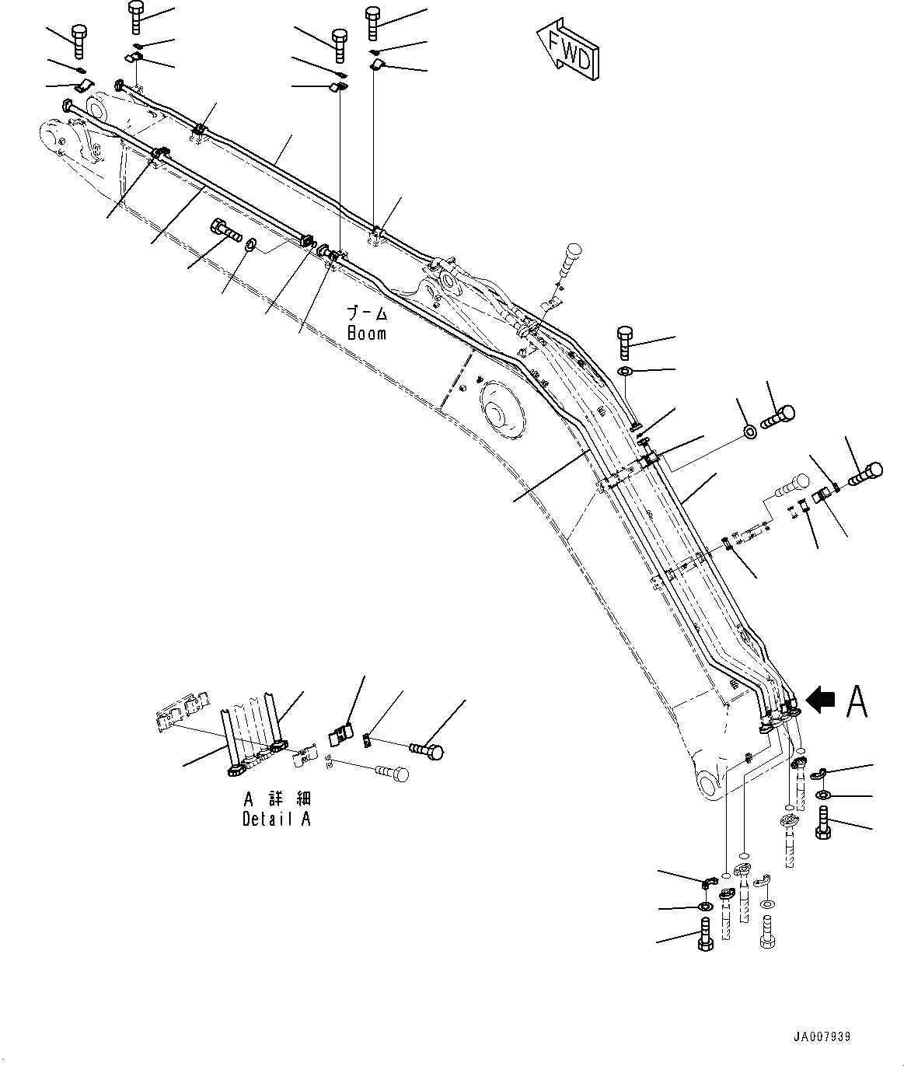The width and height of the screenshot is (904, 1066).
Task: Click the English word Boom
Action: pos(366,334)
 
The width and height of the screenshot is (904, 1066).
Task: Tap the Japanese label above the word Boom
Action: pos(366,315)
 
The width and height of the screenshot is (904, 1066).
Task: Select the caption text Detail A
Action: pos(276,819)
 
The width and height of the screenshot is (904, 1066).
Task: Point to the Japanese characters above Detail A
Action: pos(277,799)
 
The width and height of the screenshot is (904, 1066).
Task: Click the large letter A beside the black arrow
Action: pos(856,701)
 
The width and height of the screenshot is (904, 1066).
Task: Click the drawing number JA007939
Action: pos(822,1036)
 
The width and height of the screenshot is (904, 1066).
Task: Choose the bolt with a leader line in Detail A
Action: pos(426,750)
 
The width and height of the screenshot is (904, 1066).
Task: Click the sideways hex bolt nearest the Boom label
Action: pos(225,231)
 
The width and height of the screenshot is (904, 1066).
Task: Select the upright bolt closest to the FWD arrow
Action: pos(373,23)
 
